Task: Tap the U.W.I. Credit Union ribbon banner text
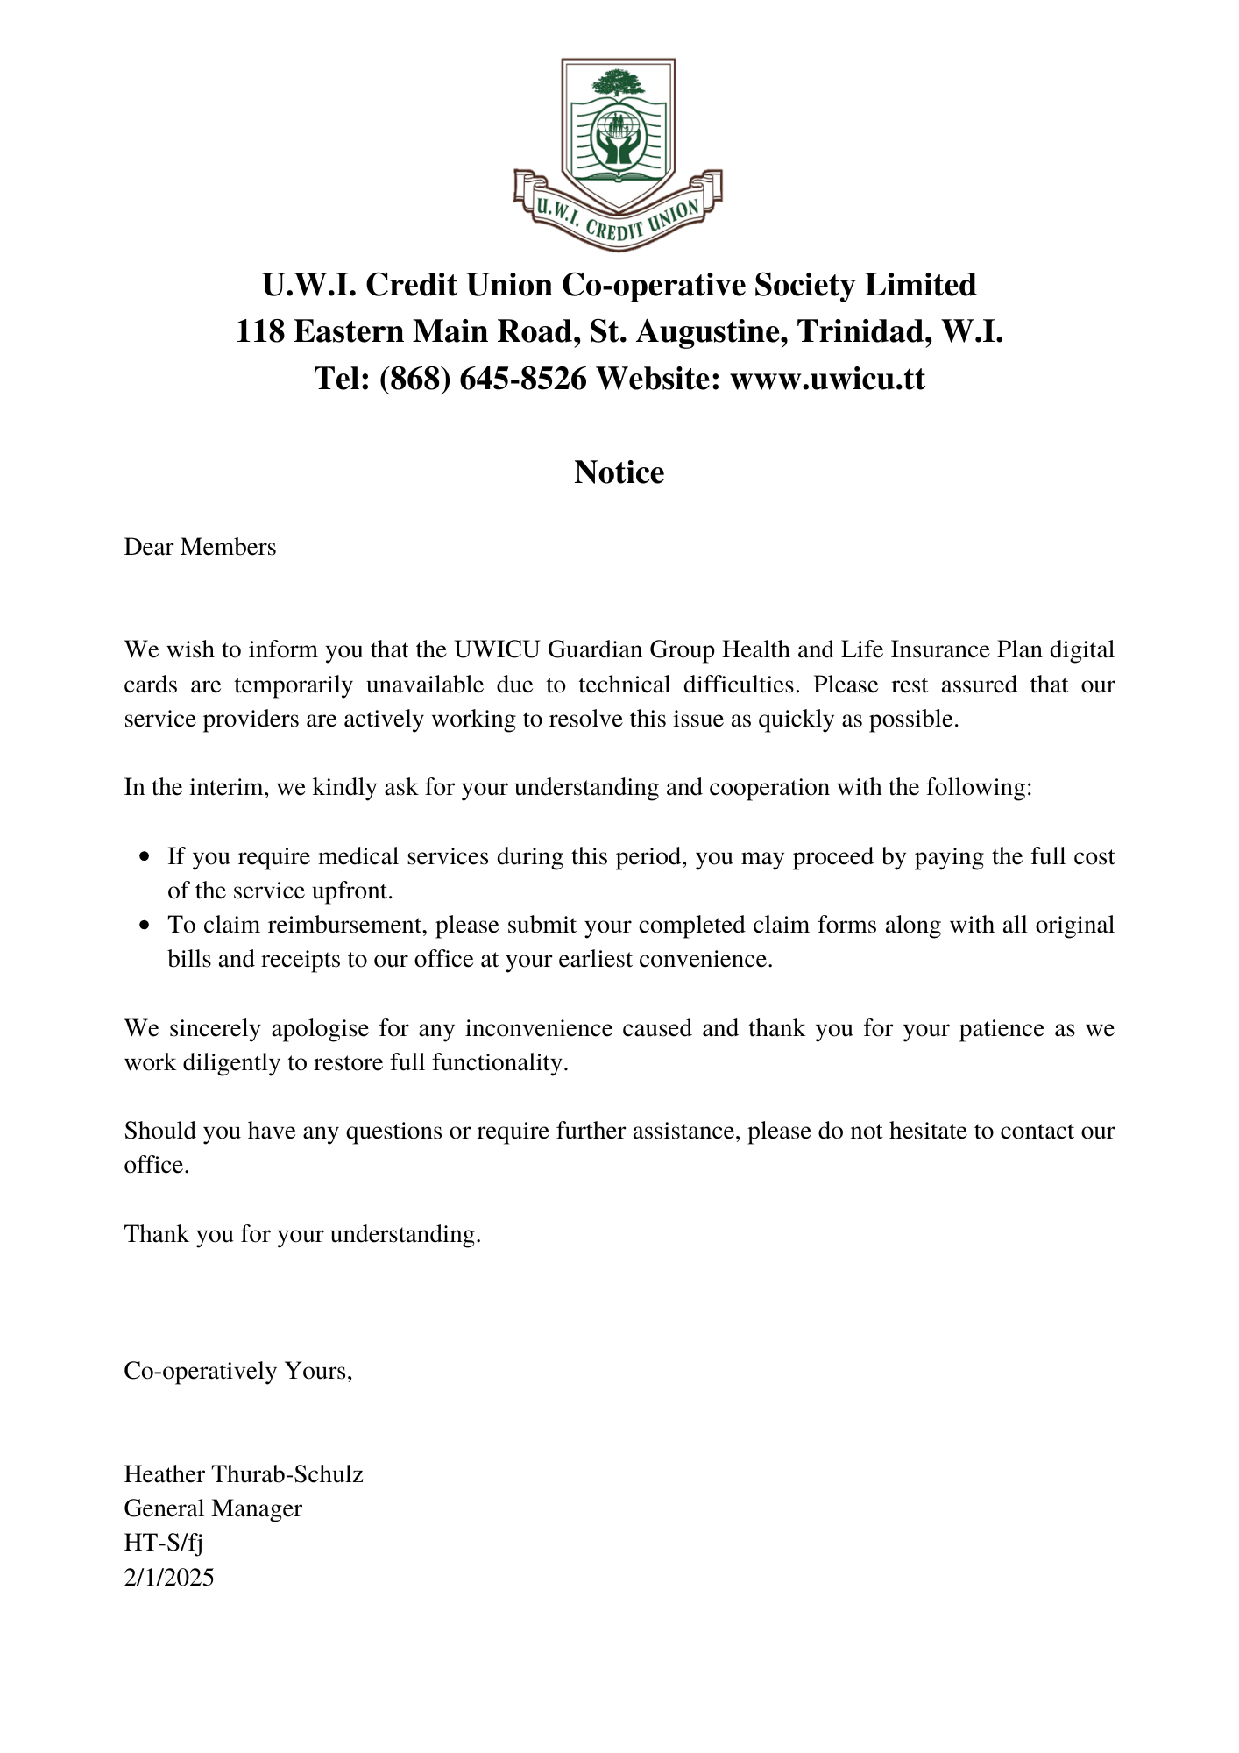(618, 219)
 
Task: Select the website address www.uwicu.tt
(827, 379)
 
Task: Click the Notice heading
(619, 472)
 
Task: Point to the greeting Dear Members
(200, 547)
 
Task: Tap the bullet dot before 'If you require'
(145, 856)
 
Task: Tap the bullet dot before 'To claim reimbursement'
(145, 926)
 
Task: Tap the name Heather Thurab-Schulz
(244, 1474)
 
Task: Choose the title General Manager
(213, 1508)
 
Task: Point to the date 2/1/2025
(169, 1578)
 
